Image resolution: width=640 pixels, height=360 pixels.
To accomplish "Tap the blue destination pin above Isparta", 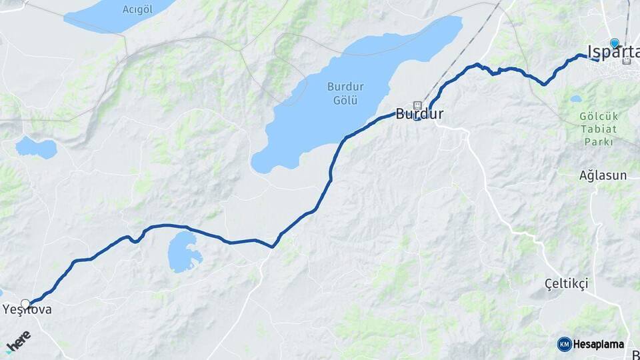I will coord(614,43).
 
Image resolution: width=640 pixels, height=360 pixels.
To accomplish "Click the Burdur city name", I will coord(419,114).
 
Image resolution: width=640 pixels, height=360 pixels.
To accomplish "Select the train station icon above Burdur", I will coord(418,104).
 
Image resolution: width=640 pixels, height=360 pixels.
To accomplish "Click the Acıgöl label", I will coord(138,9).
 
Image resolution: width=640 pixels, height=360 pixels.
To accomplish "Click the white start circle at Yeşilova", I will coord(25,304).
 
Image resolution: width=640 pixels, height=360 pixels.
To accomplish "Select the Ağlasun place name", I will coord(603,175).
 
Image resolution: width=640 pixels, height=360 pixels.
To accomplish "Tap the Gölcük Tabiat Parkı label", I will coord(599,129).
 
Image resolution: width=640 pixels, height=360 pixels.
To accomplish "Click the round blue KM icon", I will coord(565,344).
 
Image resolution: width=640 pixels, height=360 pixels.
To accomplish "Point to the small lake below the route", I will coord(184,251).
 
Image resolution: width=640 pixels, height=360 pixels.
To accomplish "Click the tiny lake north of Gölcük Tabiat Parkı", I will coord(575,99).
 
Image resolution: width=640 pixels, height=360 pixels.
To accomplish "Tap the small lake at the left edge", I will coord(37,147).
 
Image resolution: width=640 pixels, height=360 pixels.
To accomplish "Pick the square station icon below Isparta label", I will coord(627,61).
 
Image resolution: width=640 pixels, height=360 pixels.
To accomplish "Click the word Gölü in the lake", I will coord(345,100).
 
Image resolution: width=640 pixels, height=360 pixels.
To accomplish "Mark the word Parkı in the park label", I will coord(599,141).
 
